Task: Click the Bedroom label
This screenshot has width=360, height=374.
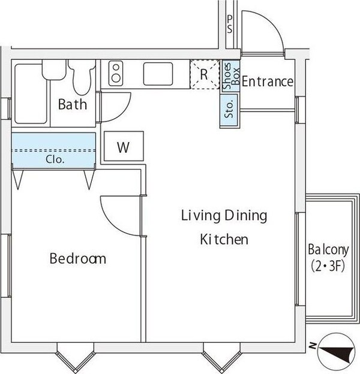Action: coord(78,258)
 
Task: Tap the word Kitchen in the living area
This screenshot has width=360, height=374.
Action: coord(224,239)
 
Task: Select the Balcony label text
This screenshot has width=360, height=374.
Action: coord(328,249)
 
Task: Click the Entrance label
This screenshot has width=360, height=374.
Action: coord(268,82)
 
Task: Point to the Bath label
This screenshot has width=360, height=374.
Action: coord(73,104)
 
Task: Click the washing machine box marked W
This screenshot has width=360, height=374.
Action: coord(124,146)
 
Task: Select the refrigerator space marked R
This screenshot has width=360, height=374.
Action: coord(205,74)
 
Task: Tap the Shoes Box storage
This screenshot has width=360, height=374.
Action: coord(230,76)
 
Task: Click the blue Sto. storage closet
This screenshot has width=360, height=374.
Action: coord(229,111)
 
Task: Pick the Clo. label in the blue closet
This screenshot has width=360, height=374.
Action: coord(55,159)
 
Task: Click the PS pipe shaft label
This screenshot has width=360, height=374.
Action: coord(229,24)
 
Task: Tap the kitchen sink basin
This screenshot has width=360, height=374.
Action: coord(158,74)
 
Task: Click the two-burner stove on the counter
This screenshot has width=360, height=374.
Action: coord(116,73)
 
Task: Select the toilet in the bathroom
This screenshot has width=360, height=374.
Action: coord(82,77)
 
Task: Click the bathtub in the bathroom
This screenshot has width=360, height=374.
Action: coord(31,93)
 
